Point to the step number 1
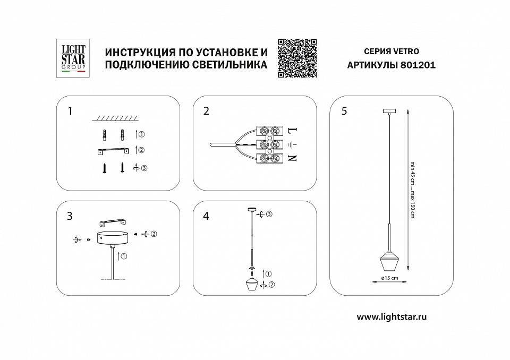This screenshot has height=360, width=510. click(70, 111)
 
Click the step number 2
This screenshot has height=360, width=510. click(206, 111)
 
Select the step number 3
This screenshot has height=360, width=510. click(70, 216)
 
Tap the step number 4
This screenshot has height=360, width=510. click(206, 216)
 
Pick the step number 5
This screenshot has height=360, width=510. click(344, 111)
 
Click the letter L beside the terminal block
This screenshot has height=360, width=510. click(291, 130)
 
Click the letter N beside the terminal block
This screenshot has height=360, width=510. click(291, 158)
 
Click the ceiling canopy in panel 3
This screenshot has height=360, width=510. click(113, 237)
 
